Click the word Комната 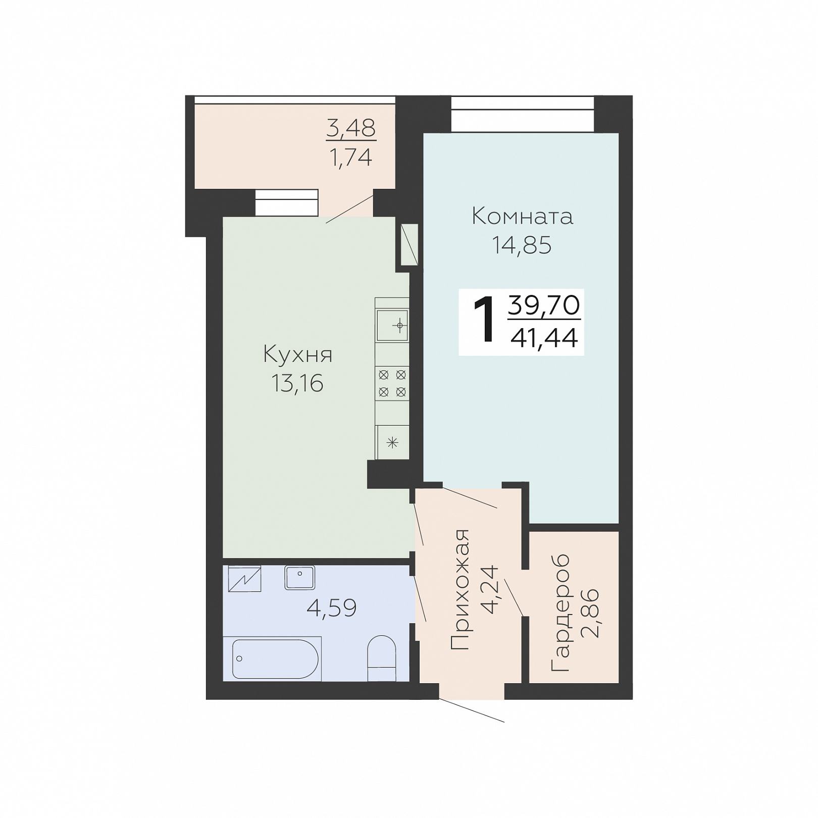click(522, 217)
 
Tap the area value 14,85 click(522, 245)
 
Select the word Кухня click(298, 355)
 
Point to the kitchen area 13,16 click(297, 384)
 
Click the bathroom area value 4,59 click(332, 607)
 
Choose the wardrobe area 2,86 click(590, 612)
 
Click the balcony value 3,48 click(351, 128)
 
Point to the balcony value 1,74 click(351, 158)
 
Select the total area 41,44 click(544, 338)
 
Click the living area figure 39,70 click(544, 305)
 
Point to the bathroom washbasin click(300, 578)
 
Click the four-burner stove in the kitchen click(392, 383)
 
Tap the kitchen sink click(392, 325)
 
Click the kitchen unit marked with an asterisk click(392, 443)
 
